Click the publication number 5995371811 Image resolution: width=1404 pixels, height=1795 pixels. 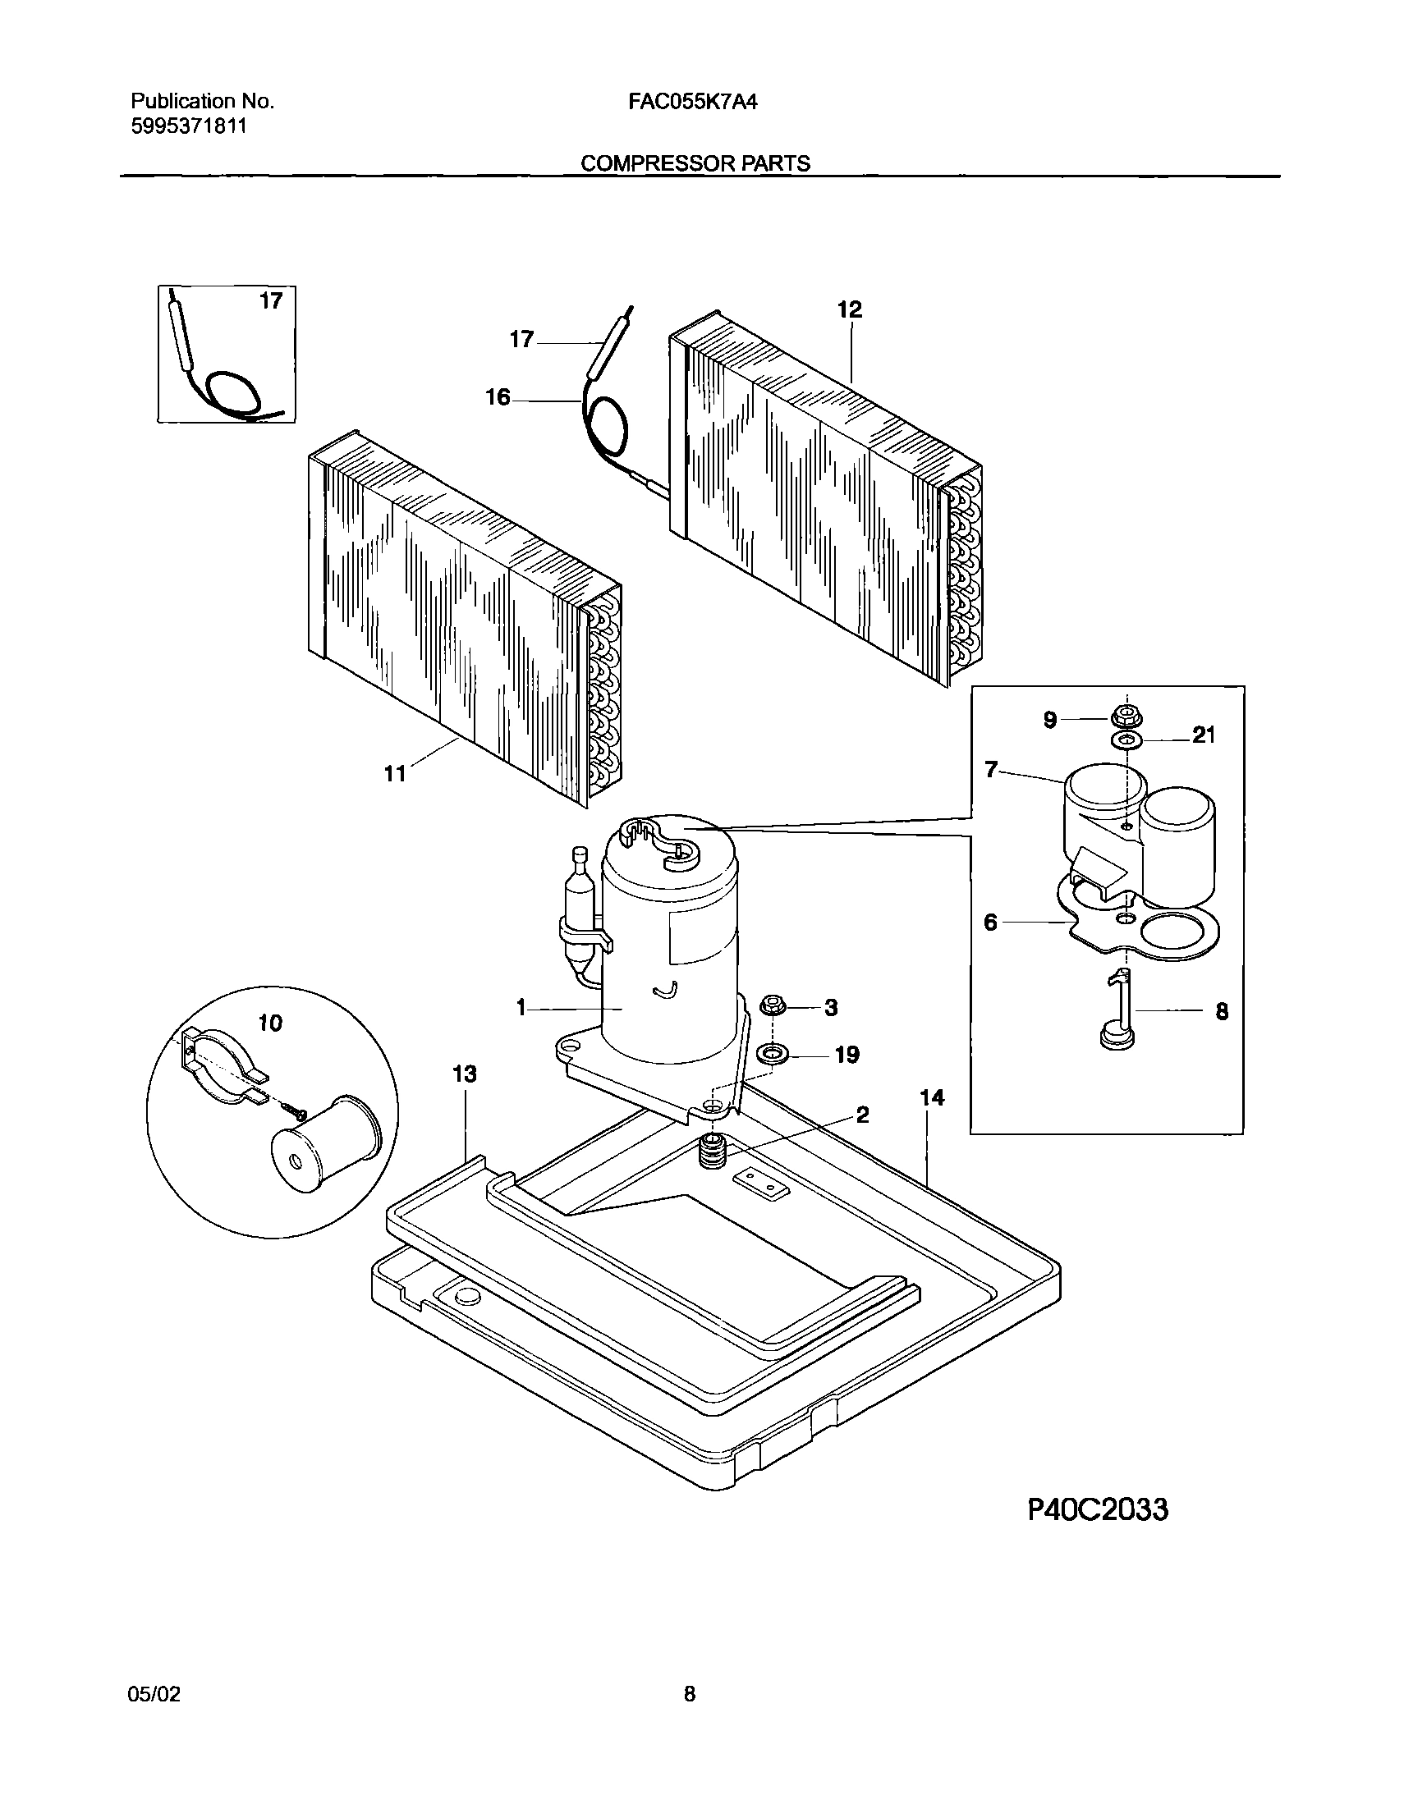pyautogui.click(x=188, y=126)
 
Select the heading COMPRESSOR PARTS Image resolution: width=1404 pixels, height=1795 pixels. pyautogui.click(x=695, y=163)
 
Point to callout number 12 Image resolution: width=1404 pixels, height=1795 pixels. pyautogui.click(x=850, y=310)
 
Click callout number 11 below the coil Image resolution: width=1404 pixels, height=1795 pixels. pyautogui.click(x=396, y=773)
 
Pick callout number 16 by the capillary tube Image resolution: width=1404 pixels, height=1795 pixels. pyautogui.click(x=498, y=398)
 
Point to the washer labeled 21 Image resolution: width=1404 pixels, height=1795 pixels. pyautogui.click(x=1125, y=741)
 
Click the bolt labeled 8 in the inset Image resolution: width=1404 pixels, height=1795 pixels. pyautogui.click(x=1117, y=1011)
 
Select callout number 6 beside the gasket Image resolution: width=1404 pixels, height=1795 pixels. pyautogui.click(x=990, y=923)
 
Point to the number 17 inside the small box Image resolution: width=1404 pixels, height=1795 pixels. pyautogui.click(x=271, y=302)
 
